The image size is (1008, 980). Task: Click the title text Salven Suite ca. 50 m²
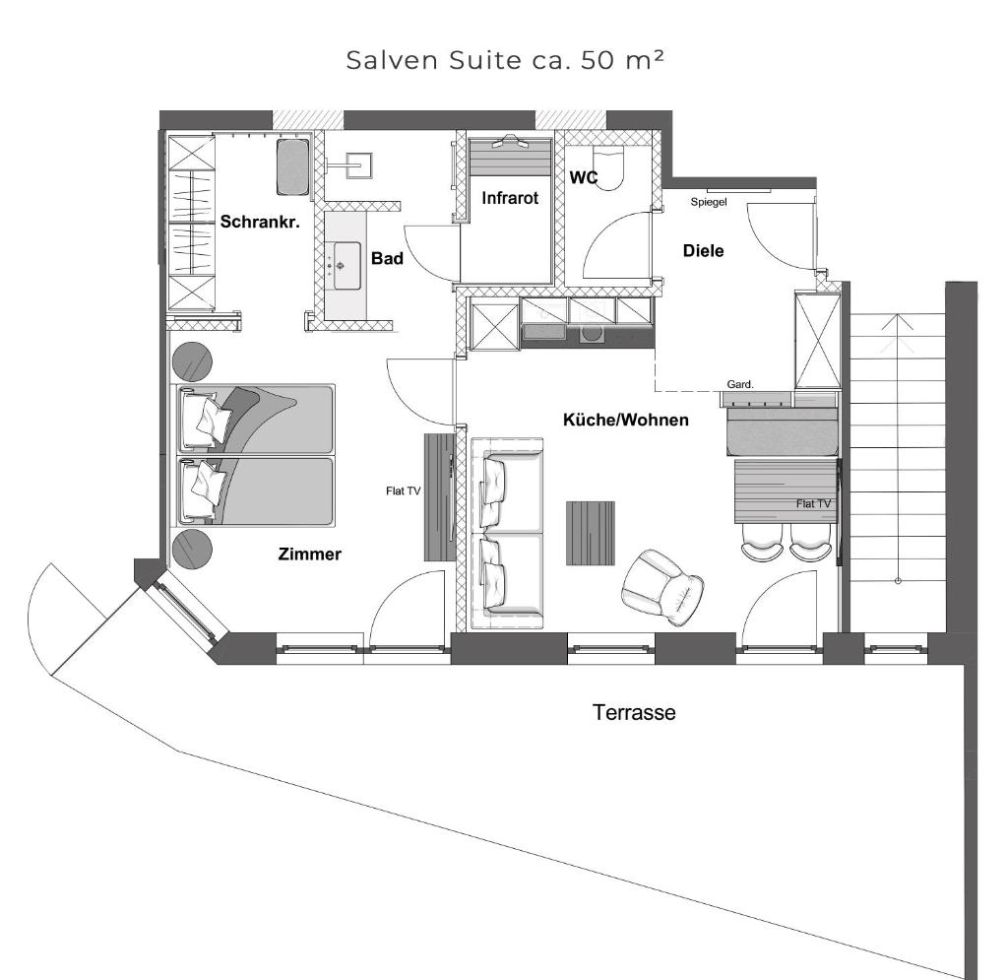point(505,60)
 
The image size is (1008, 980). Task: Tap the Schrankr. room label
point(260,222)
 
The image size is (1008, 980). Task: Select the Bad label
point(387,258)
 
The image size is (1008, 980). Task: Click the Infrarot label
point(510,197)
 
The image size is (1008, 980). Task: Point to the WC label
point(584,177)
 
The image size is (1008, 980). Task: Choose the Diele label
point(703,251)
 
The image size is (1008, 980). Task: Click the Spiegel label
point(709,202)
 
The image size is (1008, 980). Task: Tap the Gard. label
point(740,384)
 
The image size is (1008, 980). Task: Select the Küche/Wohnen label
point(625,420)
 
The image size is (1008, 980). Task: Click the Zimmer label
point(309,554)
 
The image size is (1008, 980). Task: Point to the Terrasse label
point(634,712)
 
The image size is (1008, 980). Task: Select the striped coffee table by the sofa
point(591,533)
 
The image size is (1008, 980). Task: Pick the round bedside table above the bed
point(192,361)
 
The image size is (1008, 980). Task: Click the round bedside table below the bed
point(192,550)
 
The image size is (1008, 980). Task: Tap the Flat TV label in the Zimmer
point(403,491)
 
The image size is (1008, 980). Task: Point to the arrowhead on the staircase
point(898,321)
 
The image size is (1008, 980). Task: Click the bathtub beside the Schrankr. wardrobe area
point(293,166)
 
